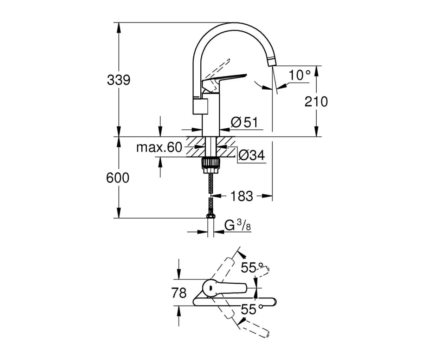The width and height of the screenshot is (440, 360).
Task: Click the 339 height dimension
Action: pyautogui.click(x=118, y=80)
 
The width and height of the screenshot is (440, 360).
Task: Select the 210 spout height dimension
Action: pyautogui.click(x=316, y=102)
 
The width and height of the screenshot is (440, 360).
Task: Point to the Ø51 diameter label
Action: pyautogui.click(x=245, y=122)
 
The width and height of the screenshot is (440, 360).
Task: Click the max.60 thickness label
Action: pyautogui.click(x=159, y=148)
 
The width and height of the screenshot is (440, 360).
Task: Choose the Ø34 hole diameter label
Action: pyautogui.click(x=251, y=155)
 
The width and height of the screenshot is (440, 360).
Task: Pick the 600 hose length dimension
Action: pyautogui.click(x=118, y=178)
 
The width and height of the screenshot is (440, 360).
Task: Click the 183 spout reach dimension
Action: pyautogui.click(x=241, y=196)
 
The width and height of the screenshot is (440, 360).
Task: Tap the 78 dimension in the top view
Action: pyautogui.click(x=179, y=292)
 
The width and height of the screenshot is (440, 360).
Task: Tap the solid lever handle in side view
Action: pyautogui.click(x=225, y=79)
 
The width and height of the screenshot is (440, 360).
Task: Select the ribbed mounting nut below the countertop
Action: pyautogui.click(x=211, y=164)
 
